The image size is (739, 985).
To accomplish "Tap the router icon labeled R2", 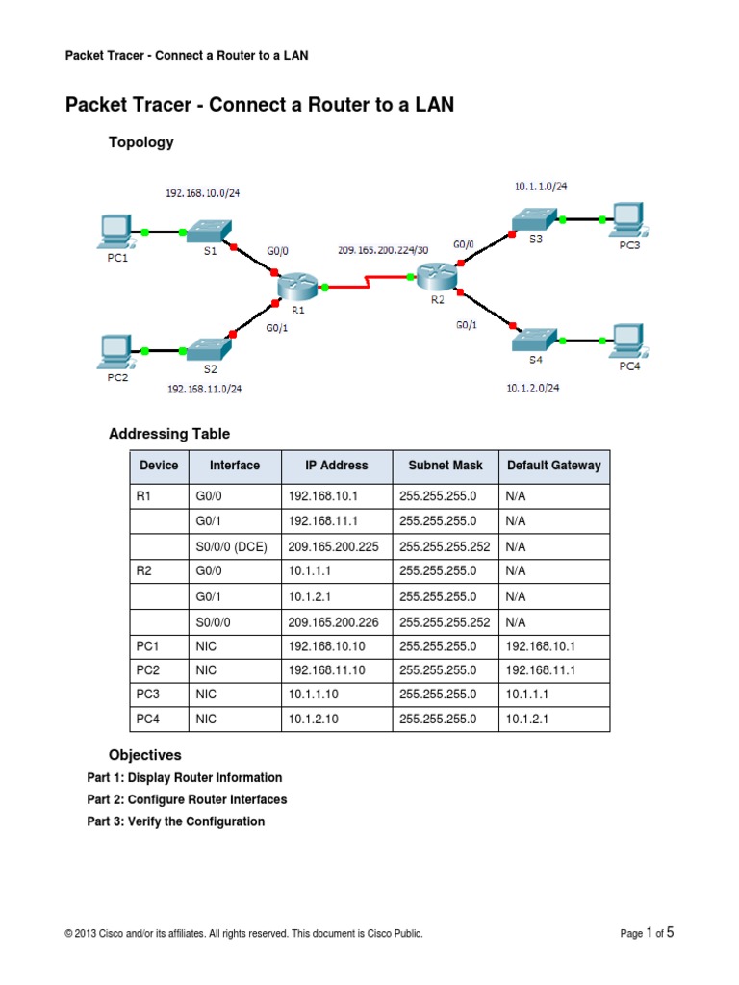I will point(437,276).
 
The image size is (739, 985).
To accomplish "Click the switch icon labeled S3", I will point(535,218).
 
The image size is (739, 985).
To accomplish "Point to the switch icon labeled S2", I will point(209,349).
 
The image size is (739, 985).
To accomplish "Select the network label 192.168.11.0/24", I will point(204,389).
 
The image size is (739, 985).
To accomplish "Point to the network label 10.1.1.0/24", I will point(548,187).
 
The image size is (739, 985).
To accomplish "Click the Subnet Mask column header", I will point(446,466).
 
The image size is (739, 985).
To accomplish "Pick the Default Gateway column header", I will point(554,466).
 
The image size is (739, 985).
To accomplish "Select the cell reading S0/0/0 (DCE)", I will point(231,546).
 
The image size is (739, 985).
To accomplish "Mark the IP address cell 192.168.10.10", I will point(326,646).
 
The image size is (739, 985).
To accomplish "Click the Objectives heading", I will point(144,755).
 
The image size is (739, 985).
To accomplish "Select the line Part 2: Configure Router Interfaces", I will point(187,799).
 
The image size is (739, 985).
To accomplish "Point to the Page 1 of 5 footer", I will point(647,932).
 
